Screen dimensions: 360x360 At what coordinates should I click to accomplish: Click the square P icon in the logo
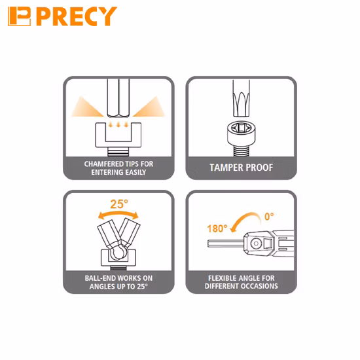coord(19,16)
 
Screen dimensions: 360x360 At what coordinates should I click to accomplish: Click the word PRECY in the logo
coord(77,16)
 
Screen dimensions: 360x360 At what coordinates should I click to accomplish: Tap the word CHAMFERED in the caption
coord(104,164)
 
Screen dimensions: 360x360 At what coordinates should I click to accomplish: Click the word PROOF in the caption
coord(259,168)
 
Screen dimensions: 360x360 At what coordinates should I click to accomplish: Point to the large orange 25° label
coord(119,204)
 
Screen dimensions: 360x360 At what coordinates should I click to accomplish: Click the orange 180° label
coord(217,228)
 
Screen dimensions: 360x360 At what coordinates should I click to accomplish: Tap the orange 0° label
coord(269,216)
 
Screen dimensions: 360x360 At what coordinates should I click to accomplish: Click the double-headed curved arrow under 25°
coord(118,214)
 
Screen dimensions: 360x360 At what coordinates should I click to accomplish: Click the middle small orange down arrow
coord(118,124)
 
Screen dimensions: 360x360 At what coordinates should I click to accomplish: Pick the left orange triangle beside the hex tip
coord(87,107)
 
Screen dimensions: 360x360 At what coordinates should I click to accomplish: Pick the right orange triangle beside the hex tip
coord(149,107)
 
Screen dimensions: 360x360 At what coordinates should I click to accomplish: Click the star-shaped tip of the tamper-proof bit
coord(241,104)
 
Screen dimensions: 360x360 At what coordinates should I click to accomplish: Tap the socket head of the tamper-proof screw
coord(241,134)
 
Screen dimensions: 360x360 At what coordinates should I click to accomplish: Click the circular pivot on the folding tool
coord(256,243)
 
